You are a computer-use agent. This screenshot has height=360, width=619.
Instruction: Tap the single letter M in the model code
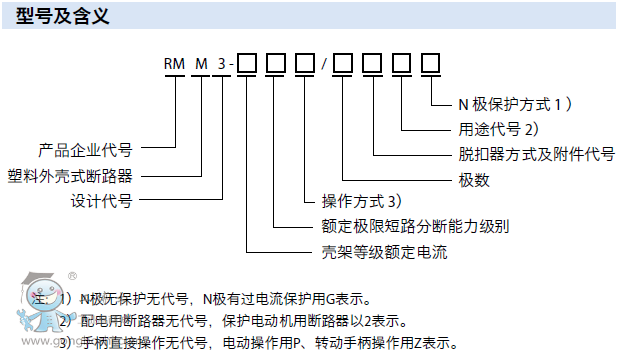[203, 65]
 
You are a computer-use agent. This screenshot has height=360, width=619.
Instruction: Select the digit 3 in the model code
[223, 65]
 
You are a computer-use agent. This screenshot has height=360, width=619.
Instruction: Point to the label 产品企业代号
[85, 150]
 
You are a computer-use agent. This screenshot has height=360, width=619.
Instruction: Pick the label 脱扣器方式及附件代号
[530, 154]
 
